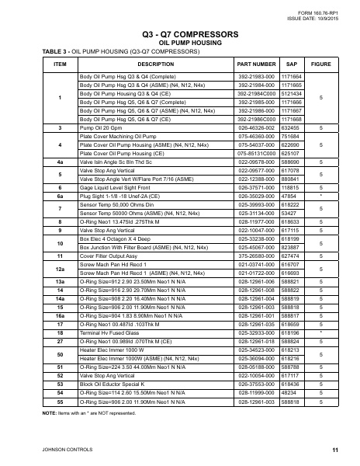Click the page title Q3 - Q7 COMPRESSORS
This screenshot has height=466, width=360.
click(179, 36)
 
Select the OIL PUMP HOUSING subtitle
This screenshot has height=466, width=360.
click(179, 43)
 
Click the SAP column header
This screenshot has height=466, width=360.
click(292, 64)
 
